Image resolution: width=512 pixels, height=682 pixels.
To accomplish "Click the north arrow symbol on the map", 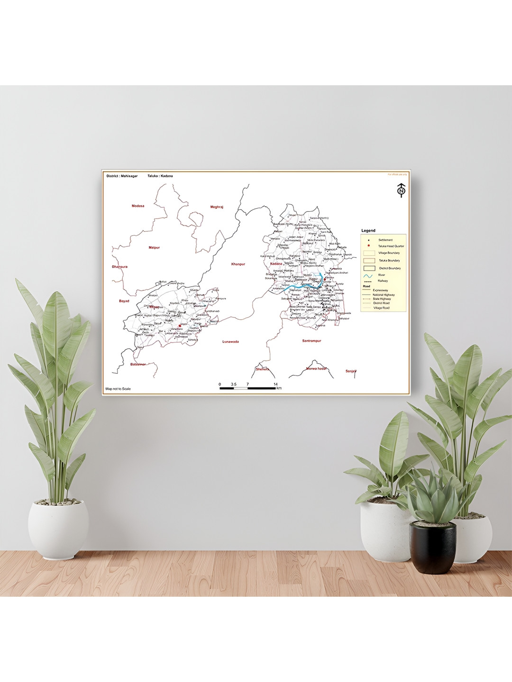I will [401, 190].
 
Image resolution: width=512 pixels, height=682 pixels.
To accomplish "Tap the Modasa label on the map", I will [138, 206].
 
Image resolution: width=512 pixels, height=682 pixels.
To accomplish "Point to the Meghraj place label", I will [217, 207].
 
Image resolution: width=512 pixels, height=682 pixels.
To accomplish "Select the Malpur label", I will [154, 248].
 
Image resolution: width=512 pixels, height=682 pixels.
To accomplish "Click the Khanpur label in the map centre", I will [238, 264].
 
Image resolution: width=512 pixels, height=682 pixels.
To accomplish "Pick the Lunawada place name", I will [231, 341].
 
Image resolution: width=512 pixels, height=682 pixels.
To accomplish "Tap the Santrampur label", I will [311, 341].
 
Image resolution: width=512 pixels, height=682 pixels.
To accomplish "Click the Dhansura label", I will [119, 267].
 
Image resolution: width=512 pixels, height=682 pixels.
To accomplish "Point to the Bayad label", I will [124, 301].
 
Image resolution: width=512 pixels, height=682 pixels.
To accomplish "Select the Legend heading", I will [368, 231].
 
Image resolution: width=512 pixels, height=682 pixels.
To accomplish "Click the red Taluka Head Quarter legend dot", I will [368, 246].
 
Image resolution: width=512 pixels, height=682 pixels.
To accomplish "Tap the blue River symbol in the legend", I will [368, 275].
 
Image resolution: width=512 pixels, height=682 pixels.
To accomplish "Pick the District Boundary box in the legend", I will [369, 268].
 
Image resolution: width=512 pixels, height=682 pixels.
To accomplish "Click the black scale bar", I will [247, 388].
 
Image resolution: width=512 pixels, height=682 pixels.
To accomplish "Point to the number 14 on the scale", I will [275, 384].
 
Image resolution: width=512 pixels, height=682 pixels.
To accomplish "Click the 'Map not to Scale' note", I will [118, 389].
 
